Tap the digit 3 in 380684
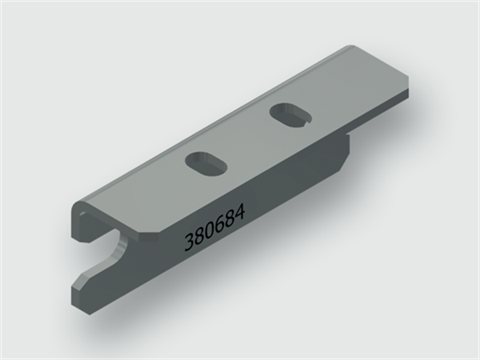189,240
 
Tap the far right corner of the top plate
410,95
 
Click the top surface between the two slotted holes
245,140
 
